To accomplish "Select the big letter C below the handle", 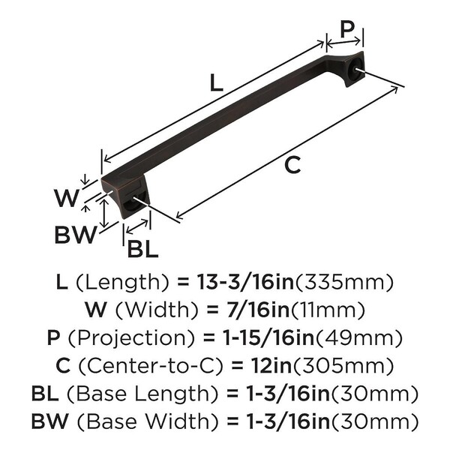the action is pos(292,165).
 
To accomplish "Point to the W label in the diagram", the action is pos(66,198).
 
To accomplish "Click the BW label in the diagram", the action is pos(76,235).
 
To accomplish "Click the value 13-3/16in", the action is pos(245,282).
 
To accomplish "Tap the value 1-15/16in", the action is pos(268,337).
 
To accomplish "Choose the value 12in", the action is pos(271,366).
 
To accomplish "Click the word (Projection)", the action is pos(131,338).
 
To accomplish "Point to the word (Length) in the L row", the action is pos(122,283).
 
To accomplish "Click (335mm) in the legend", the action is pos(343,283).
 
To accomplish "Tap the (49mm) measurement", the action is pos(358,338).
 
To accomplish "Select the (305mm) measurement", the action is pos(342,366).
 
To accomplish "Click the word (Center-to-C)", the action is pos(151,366).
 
